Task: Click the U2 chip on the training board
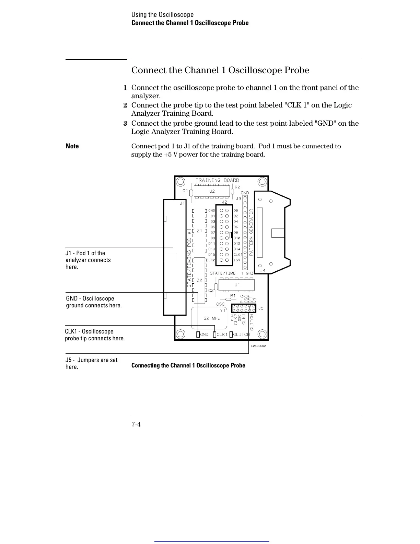[212, 191]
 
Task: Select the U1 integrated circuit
[237, 285]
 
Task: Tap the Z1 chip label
[199, 231]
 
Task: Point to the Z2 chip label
[199, 280]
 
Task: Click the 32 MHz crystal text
[211, 318]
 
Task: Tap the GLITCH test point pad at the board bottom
[231, 335]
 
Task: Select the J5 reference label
[261, 308]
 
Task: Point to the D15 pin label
[212, 254]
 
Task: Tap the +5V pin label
[237, 260]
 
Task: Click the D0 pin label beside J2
[236, 211]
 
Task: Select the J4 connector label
[263, 271]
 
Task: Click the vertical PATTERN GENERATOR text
[251, 232]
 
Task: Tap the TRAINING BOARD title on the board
[217, 180]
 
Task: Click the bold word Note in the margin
[72, 146]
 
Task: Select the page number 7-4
[136, 424]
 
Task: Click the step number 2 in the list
[125, 105]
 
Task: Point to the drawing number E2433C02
[258, 346]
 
